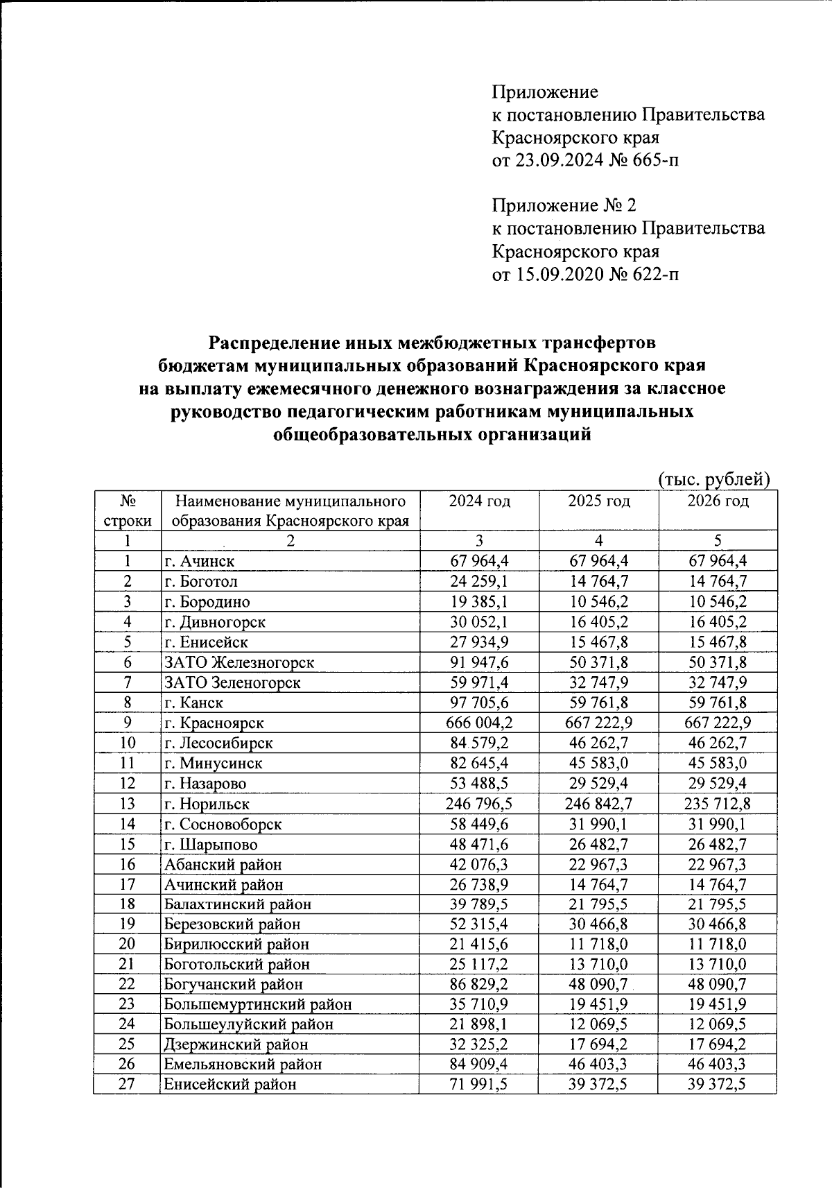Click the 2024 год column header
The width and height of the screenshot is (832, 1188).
478,501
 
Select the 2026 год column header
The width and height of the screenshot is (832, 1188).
718,501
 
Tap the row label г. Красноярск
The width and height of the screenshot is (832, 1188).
214,723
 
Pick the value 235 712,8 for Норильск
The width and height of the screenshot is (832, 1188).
718,804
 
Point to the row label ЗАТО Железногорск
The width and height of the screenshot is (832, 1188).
239,662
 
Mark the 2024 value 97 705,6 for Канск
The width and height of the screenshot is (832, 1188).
478,703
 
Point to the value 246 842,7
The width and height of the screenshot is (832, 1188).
598,804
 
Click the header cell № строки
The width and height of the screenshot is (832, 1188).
126,510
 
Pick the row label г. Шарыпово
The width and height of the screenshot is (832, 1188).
210,844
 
